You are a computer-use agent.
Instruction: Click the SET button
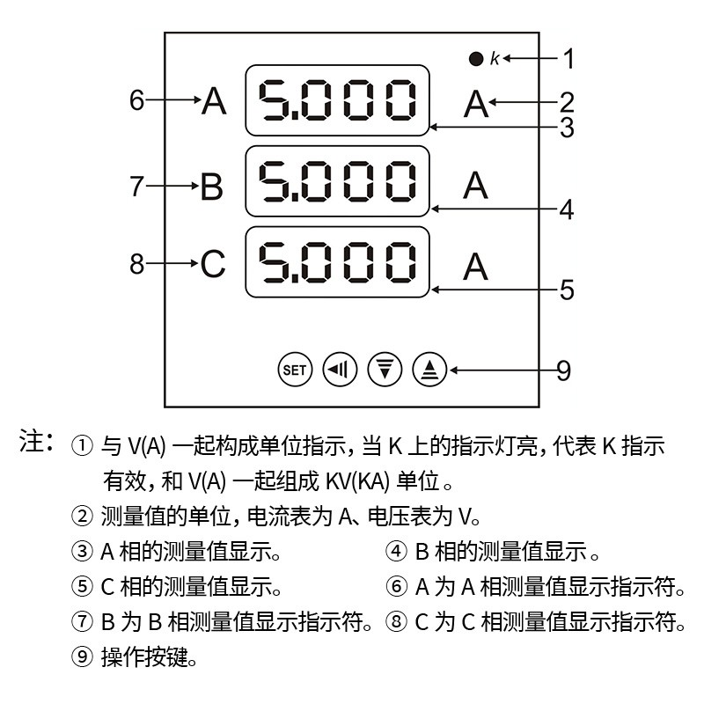click(295, 370)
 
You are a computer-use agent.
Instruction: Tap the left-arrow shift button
click(340, 370)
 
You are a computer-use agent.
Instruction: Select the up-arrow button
click(429, 370)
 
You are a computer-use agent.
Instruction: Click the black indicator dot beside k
click(476, 59)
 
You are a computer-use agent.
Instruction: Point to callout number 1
click(568, 59)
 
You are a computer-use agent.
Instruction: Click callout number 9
click(564, 370)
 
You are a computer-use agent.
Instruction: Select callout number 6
click(137, 99)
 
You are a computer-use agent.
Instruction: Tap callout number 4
click(567, 209)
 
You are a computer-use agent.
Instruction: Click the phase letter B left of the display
click(211, 186)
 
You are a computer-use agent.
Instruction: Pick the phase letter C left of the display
click(212, 263)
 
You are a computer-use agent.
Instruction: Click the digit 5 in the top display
click(272, 100)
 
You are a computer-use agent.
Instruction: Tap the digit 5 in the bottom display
click(272, 262)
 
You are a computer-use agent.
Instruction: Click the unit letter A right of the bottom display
click(475, 267)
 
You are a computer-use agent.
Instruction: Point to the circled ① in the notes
click(82, 446)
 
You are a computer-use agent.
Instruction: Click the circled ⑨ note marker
click(82, 656)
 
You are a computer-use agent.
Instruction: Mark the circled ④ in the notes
click(397, 552)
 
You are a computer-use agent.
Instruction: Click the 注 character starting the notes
click(31, 441)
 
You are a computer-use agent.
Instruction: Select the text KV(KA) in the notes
click(357, 481)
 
